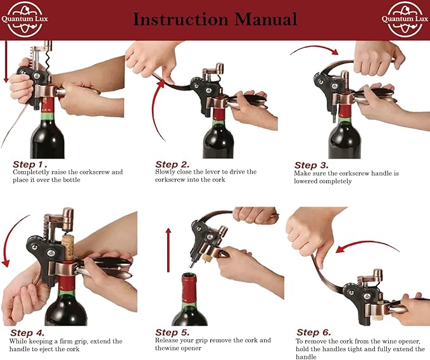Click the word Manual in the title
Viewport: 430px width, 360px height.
[265, 19]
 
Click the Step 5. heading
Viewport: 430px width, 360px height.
[172, 332]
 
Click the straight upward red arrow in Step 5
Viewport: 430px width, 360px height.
[168, 250]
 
